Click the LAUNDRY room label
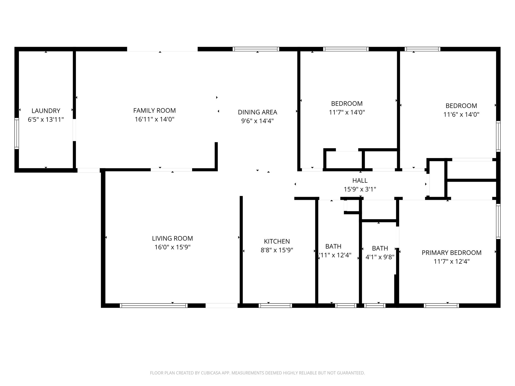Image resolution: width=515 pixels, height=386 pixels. tap(46, 111)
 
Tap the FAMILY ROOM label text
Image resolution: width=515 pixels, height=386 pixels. tap(154, 111)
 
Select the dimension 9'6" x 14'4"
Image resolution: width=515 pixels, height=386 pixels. tap(257, 121)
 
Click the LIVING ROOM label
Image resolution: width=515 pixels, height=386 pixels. tap(172, 238)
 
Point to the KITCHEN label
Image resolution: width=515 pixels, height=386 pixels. tap(277, 242)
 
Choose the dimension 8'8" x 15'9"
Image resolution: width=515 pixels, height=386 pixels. tap(277, 250)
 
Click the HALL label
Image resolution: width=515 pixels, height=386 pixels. tap(360, 180)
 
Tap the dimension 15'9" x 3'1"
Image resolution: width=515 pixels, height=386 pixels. tap(360, 189)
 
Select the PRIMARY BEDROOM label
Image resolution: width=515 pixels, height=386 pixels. tap(451, 253)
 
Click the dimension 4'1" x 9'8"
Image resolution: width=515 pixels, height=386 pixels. tap(380, 257)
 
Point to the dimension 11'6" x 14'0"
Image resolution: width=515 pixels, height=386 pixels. tap(461, 115)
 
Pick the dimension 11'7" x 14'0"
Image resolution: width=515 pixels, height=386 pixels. tap(347, 112)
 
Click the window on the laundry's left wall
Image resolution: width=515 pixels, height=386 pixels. tap(17, 133)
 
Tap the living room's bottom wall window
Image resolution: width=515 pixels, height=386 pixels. tap(154, 306)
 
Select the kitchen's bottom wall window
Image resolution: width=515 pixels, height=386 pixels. tap(275, 306)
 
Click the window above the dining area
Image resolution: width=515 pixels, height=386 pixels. tap(256, 49)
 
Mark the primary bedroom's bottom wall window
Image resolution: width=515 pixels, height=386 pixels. tap(441, 306)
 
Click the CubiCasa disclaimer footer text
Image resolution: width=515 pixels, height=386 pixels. tap(257, 373)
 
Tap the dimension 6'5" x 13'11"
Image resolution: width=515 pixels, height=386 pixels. tap(46, 120)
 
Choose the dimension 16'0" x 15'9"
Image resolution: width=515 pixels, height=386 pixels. tap(172, 247)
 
